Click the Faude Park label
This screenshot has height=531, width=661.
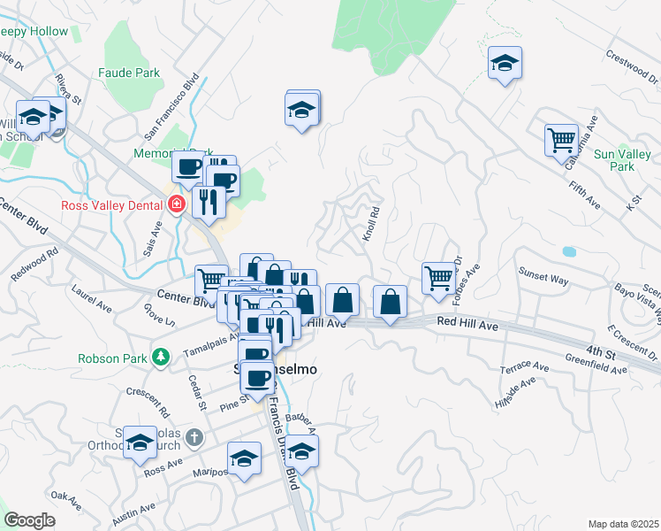(129, 73)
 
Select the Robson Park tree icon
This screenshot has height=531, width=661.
(161, 357)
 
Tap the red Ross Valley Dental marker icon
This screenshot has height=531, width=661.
(177, 204)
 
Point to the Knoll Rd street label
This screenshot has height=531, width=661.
(370, 225)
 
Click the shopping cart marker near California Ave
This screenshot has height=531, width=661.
(561, 140)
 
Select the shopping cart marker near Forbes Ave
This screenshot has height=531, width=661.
(438, 278)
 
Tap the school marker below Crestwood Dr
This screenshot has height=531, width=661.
(505, 63)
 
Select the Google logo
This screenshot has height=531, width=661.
(29, 519)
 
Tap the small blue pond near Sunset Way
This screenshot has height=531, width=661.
(567, 252)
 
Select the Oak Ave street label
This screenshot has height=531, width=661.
(66, 501)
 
